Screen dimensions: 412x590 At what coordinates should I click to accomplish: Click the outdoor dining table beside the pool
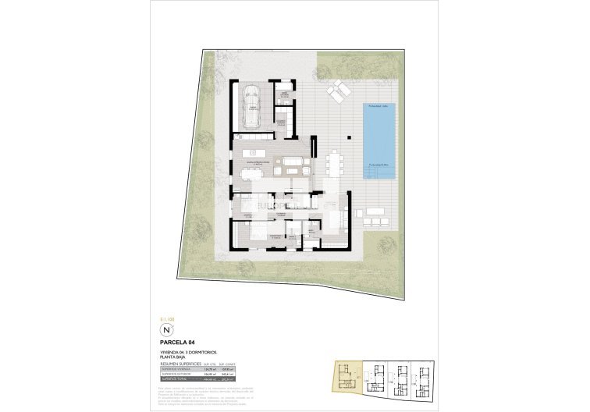pos(336,165)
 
